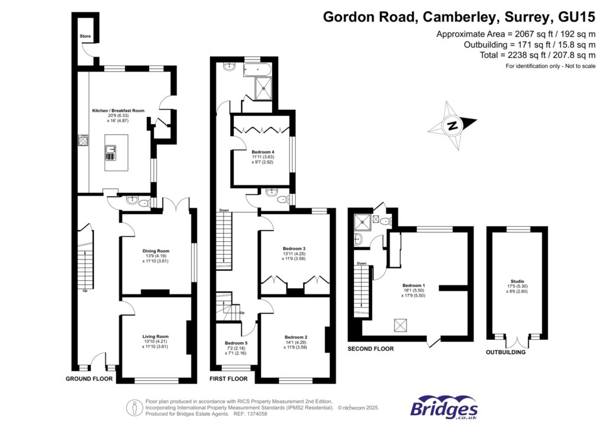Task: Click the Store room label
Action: pos(85,37)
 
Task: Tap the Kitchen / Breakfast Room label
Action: pos(118,111)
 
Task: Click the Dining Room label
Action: pos(156,251)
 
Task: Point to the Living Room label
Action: pos(155,336)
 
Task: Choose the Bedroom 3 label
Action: pos(294,248)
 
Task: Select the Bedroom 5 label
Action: pos(236,343)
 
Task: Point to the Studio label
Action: pos(517,281)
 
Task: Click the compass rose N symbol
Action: pos(453,125)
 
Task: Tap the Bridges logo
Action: pos(444,407)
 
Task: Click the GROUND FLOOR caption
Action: pos(89,378)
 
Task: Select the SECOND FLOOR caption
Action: pos(370,349)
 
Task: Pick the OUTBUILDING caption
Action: pos(505,352)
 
